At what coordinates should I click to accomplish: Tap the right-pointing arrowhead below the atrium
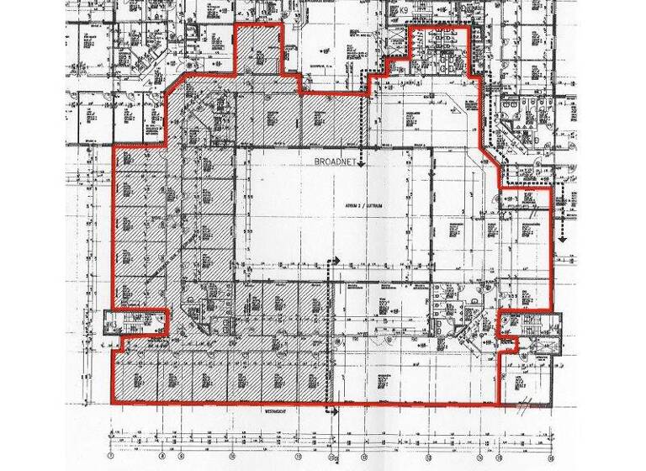[339, 262]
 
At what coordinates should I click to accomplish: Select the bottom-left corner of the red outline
[113, 403]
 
